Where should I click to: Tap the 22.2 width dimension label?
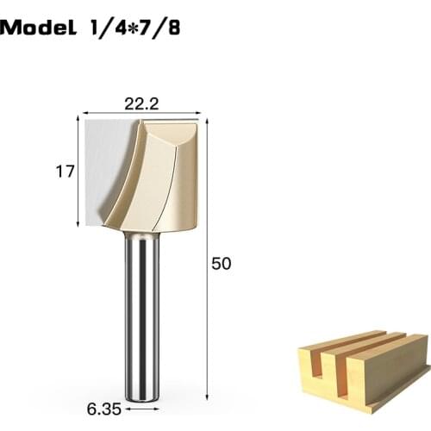141,103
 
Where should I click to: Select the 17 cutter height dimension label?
65,172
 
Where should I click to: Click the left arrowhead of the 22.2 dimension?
84,114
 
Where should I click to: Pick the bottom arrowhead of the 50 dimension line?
207,399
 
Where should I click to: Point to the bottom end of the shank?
141,398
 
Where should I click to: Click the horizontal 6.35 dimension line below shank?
141,402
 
